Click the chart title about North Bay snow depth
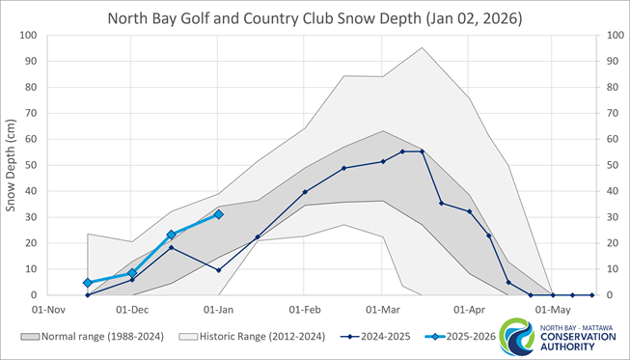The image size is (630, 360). point(315,18)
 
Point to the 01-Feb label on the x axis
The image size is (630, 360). point(305,311)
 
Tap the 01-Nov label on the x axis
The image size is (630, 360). point(46,311)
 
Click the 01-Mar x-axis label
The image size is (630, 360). point(383,311)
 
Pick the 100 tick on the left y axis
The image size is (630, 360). point(26,37)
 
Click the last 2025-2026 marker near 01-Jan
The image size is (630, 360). point(219,214)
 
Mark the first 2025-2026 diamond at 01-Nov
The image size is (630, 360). point(88,283)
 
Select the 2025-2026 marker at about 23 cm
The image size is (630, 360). point(171,235)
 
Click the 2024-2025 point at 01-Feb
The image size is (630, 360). point(305,192)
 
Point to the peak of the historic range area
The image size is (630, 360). point(422,48)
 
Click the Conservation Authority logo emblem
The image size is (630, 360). point(521,335)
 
